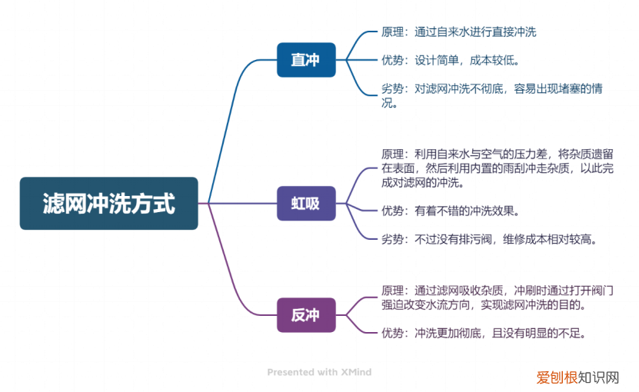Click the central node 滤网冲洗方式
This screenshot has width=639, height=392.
(x=108, y=204)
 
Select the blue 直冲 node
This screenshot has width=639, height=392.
(x=306, y=60)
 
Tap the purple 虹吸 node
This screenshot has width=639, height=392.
(x=306, y=204)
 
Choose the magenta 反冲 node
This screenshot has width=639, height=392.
(x=306, y=315)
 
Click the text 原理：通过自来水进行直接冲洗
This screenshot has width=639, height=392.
(x=458, y=32)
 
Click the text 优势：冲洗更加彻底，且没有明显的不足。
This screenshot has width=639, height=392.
(x=484, y=333)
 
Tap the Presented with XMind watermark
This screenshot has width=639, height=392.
(x=319, y=372)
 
